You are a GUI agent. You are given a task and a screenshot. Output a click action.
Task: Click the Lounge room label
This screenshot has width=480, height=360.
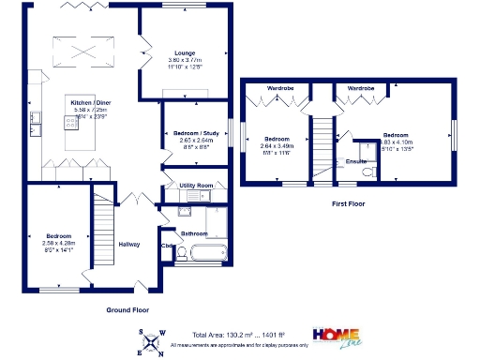(x=184, y=53)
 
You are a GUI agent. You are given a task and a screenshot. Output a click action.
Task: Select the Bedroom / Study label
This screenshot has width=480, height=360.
(x=197, y=134)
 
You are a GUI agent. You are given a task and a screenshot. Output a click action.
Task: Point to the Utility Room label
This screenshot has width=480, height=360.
(x=197, y=187)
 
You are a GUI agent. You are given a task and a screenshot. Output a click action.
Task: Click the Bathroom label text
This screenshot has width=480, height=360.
(x=194, y=233)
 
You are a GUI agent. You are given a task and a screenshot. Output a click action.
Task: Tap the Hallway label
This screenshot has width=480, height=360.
(x=128, y=245)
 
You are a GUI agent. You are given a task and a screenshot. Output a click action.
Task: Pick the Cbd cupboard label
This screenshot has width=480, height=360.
(x=167, y=247)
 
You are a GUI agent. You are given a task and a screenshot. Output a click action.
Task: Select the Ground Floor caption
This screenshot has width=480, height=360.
(x=126, y=308)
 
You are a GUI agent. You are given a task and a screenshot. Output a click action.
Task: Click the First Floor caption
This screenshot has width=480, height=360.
(x=348, y=202)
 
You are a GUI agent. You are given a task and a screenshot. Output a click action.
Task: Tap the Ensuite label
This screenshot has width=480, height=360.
(x=356, y=161)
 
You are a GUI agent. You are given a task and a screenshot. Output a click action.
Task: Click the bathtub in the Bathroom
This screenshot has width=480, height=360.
(x=202, y=252)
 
